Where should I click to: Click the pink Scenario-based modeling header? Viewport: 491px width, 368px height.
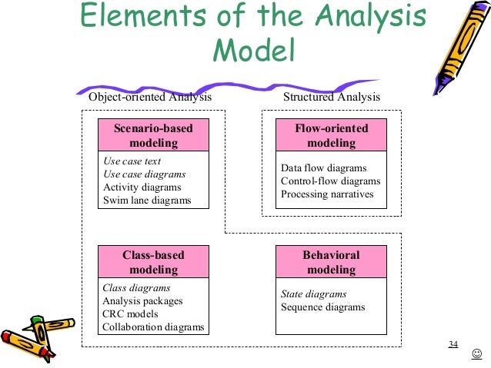coord(153,135)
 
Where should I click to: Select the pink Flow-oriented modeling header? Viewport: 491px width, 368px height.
coord(331,135)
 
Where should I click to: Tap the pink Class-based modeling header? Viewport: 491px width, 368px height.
coord(153,262)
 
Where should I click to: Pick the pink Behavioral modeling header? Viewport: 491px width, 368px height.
coord(331,262)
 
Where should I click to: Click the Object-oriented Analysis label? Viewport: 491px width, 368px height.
coord(150,98)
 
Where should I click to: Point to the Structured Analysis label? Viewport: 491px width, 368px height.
coord(332,98)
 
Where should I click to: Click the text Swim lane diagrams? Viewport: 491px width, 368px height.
coord(146,201)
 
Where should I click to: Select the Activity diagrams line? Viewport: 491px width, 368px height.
coord(142,187)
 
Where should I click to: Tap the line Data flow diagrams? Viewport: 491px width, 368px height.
coord(323,168)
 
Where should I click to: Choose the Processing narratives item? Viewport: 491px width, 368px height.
coord(327,194)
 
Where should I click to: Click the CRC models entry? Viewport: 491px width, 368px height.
coord(130,314)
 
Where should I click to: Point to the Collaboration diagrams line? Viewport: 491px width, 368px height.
coord(153,327)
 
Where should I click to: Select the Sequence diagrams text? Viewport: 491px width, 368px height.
coord(322,307)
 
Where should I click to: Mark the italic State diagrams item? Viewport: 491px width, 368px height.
coord(313,294)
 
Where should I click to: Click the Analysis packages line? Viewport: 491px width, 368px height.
coord(142,301)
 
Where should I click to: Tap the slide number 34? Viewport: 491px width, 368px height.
coord(453,343)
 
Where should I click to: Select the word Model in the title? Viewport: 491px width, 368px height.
coord(254,51)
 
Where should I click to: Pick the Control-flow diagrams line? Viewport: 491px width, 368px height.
coord(330,181)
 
